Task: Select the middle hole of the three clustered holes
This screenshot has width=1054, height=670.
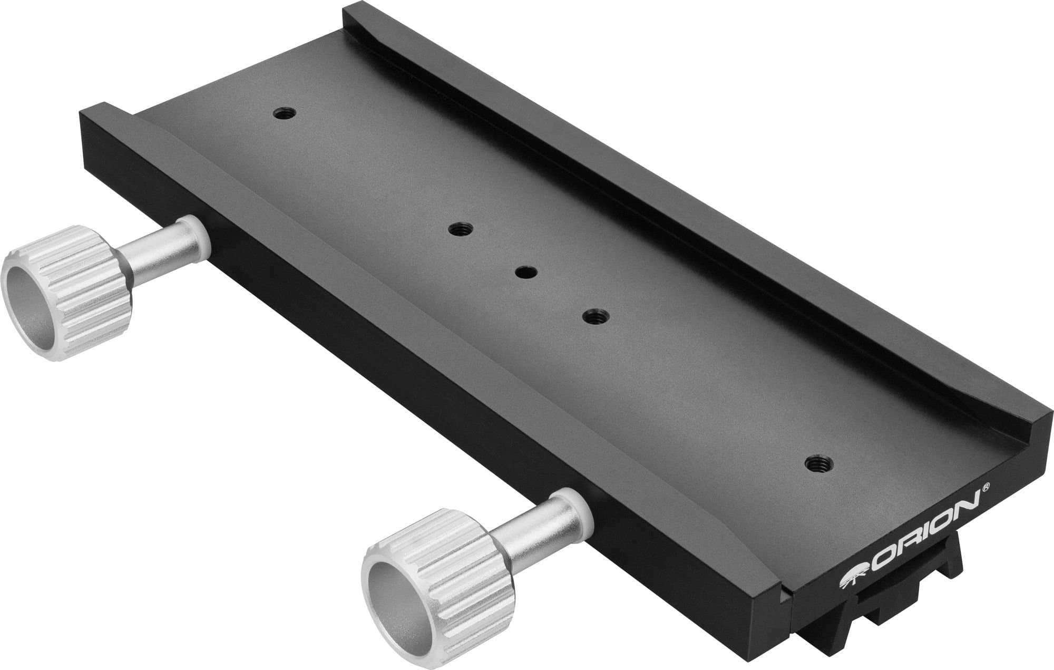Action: coord(526,272)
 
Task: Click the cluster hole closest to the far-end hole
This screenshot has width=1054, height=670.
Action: coord(461,229)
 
